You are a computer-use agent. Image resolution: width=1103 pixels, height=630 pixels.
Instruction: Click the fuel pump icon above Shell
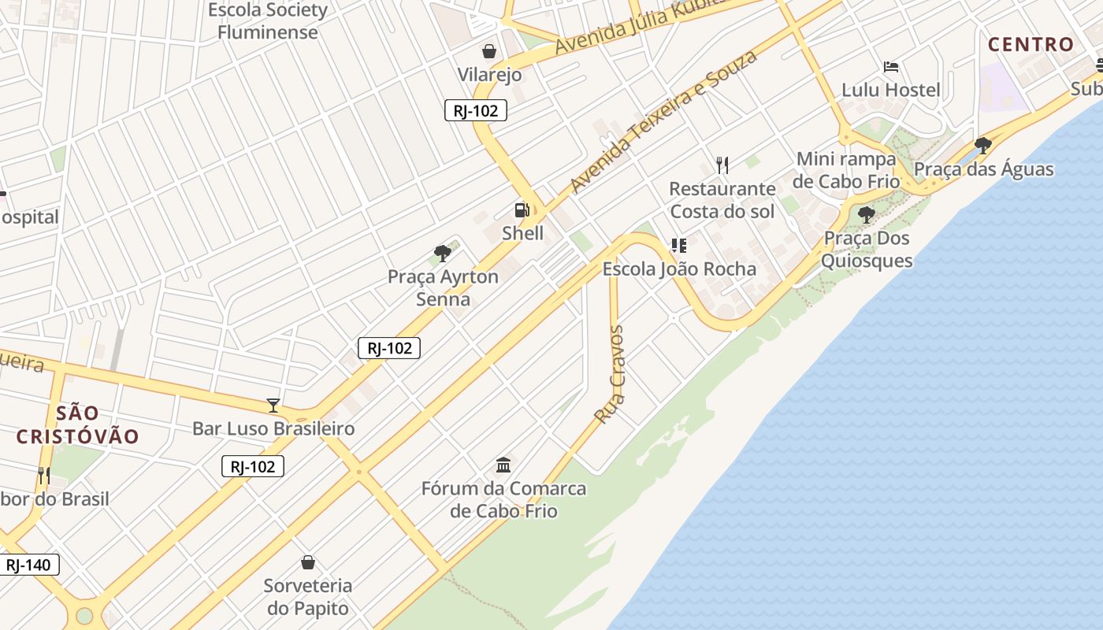[522, 210]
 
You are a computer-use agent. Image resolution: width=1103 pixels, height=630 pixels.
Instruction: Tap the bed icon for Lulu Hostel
[891, 67]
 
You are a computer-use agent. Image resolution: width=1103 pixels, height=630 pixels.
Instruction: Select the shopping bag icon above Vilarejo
[489, 52]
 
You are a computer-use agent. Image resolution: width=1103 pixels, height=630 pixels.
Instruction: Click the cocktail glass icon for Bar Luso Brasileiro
[273, 406]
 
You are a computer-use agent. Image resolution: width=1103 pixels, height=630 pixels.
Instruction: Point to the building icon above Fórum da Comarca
[503, 465]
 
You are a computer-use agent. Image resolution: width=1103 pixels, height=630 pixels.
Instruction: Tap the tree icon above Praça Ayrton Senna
[443, 254]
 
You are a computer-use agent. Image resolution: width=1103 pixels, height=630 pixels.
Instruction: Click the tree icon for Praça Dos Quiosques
[867, 214]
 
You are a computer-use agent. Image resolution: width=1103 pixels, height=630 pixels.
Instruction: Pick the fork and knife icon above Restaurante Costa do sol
[722, 165]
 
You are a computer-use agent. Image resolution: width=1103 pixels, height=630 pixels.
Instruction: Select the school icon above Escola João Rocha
[678, 246]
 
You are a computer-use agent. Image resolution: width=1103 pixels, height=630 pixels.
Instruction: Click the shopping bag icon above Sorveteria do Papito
[308, 562]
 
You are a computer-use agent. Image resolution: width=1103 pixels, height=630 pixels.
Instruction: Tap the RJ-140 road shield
[28, 565]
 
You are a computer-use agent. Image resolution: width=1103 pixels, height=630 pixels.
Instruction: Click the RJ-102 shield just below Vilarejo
[476, 111]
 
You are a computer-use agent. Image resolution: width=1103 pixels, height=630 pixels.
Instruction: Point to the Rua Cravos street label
[611, 375]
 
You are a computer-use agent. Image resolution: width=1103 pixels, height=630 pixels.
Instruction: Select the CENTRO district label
[1031, 44]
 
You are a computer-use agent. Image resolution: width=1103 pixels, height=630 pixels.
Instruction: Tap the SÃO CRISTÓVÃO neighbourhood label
[77, 424]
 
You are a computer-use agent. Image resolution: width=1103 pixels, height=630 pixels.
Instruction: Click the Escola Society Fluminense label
[267, 21]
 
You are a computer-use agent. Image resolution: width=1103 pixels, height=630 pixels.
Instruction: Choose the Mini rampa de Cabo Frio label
[846, 170]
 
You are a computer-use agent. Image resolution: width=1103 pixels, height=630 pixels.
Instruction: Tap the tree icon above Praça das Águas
[982, 146]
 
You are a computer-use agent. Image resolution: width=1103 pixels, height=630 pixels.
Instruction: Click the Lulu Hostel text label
[891, 90]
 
